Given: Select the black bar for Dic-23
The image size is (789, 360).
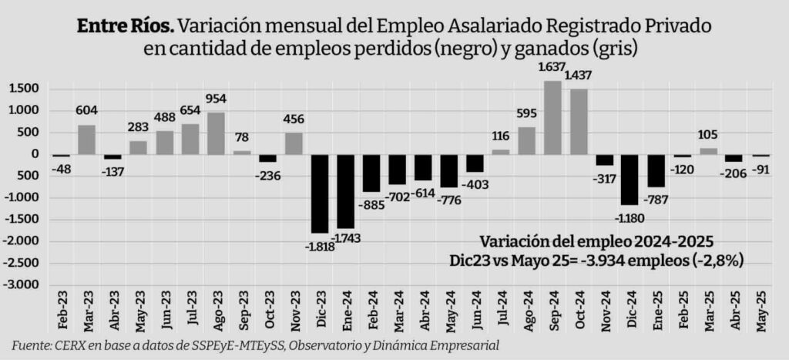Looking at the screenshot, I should (x=319, y=193).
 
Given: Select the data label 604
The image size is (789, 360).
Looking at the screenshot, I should (x=86, y=111).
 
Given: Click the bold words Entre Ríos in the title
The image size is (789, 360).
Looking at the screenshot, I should (x=125, y=26).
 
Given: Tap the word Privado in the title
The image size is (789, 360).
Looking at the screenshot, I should (x=678, y=26).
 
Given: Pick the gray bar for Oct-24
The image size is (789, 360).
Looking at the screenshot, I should (x=578, y=121).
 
